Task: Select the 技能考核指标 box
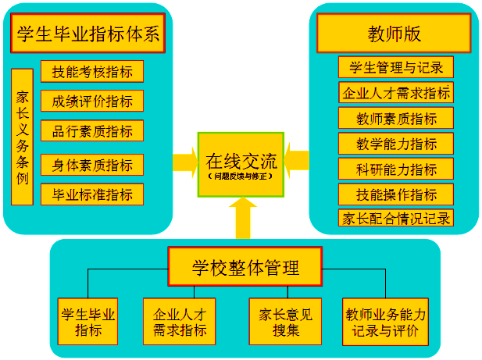click(92, 72)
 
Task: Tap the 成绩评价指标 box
click(92, 101)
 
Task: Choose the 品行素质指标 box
click(92, 130)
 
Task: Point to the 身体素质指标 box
click(92, 165)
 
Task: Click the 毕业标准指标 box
click(92, 194)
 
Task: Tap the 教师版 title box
click(394, 34)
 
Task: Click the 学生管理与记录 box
click(396, 67)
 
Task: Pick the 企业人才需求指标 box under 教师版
click(396, 93)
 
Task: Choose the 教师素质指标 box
click(396, 119)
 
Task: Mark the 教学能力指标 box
click(396, 144)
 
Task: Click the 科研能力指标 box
click(396, 169)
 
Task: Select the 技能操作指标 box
click(396, 194)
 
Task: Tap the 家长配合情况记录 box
click(396, 218)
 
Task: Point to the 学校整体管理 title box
click(245, 268)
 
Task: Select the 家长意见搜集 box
click(285, 322)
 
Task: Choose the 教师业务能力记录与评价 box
click(386, 322)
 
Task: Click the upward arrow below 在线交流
click(243, 219)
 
